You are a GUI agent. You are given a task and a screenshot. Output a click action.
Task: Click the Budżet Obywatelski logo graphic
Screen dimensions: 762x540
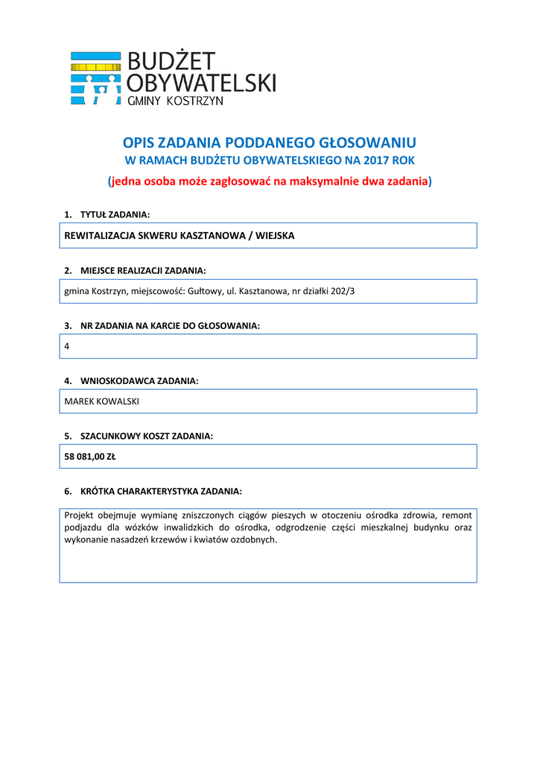(x=95, y=78)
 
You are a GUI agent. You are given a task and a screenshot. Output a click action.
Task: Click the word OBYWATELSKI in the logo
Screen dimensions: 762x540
(x=202, y=81)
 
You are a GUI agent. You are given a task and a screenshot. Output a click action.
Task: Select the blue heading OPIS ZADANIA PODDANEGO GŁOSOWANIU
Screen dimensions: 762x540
(x=269, y=142)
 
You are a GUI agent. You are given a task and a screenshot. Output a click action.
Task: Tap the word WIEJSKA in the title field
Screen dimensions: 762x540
(x=275, y=235)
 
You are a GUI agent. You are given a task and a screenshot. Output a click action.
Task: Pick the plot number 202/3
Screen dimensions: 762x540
(x=341, y=291)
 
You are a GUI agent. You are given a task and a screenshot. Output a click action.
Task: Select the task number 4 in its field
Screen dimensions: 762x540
(x=67, y=346)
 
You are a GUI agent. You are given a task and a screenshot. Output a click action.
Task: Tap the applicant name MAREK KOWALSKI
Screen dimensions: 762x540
(x=102, y=401)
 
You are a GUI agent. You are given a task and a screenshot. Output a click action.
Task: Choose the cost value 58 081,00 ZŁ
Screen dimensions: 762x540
(x=90, y=457)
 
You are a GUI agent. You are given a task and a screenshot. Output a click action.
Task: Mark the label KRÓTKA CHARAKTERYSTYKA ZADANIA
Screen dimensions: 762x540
(x=161, y=491)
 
